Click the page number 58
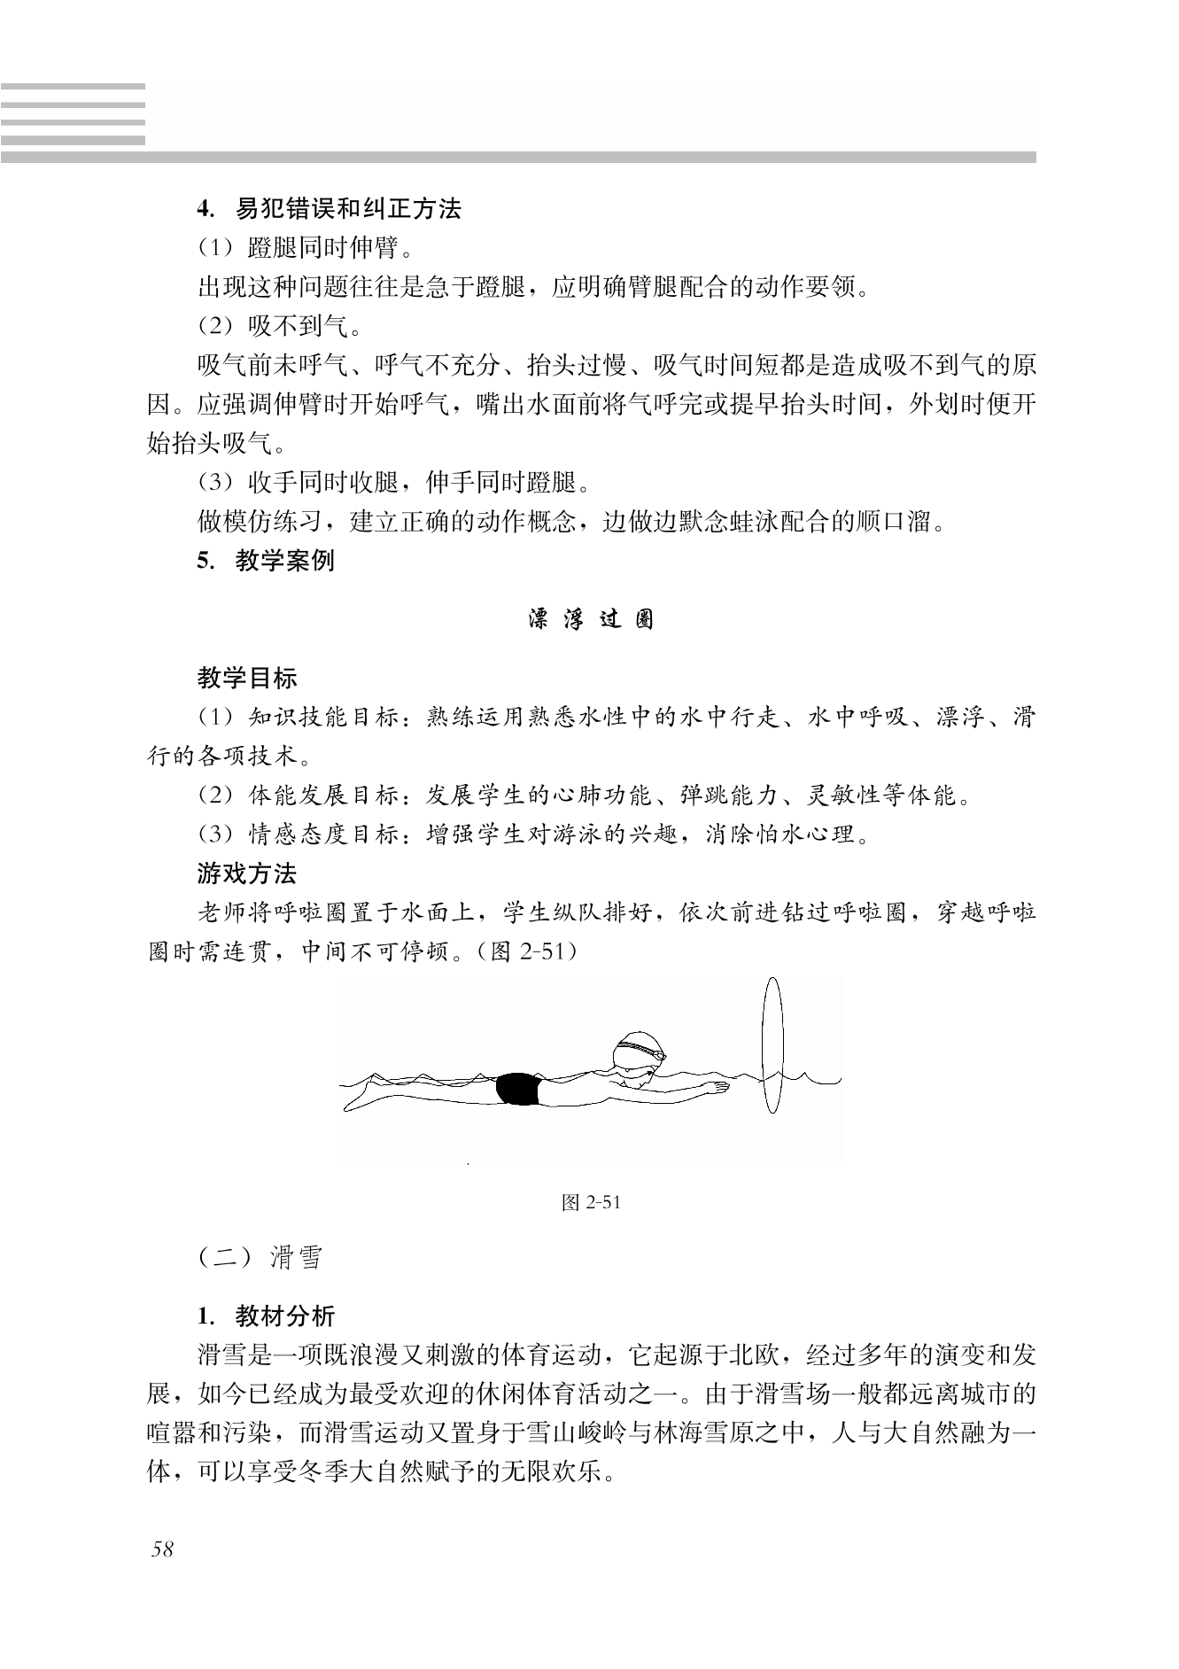coord(162,1549)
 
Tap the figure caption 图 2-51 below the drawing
coord(591,1202)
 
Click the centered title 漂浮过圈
coord(591,619)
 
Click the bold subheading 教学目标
coord(247,679)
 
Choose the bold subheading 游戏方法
coord(247,874)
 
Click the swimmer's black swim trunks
coord(517,1089)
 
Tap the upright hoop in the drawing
coord(772,1045)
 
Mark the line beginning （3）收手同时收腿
coord(393,483)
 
